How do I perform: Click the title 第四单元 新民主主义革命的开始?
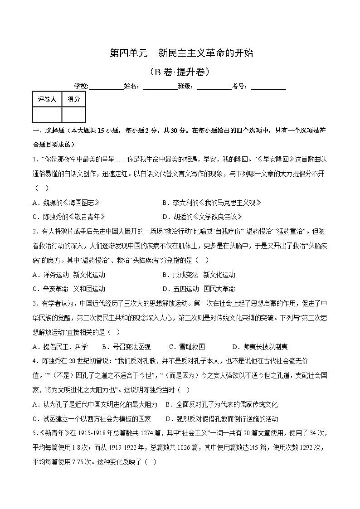pyautogui.click(x=181, y=53)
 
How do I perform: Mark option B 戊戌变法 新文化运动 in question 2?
pyautogui.click(x=199, y=275)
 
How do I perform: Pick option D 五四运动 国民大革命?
pyautogui.click(x=199, y=289)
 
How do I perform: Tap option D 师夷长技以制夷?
pyautogui.click(x=259, y=347)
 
